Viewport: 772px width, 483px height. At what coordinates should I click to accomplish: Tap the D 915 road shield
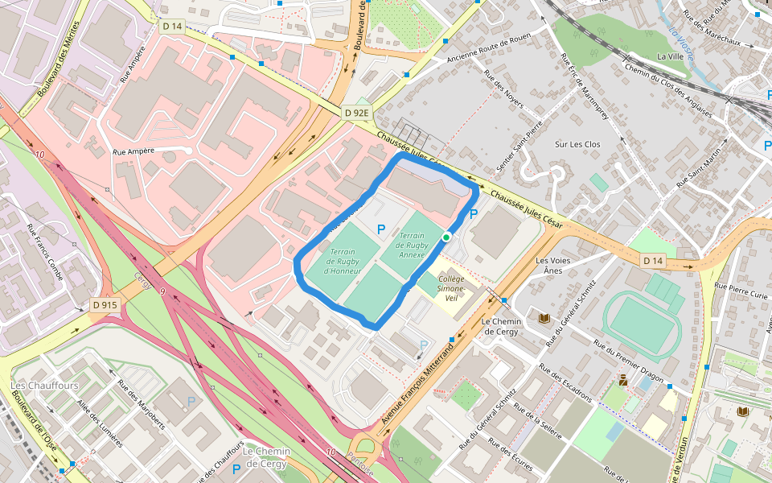[105, 305]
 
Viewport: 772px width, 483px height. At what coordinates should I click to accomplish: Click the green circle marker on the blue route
[446, 237]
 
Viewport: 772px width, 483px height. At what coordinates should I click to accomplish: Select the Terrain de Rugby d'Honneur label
[343, 262]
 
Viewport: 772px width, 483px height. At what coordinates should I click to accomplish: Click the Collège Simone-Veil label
[451, 283]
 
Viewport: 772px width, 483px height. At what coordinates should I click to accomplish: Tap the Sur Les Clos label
[577, 145]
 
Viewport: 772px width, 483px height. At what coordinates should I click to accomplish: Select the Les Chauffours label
[33, 386]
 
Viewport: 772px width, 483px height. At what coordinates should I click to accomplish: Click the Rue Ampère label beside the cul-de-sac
[133, 151]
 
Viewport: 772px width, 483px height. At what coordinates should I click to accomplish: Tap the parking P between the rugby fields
[381, 230]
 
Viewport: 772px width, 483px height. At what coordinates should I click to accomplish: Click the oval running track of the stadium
[642, 324]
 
